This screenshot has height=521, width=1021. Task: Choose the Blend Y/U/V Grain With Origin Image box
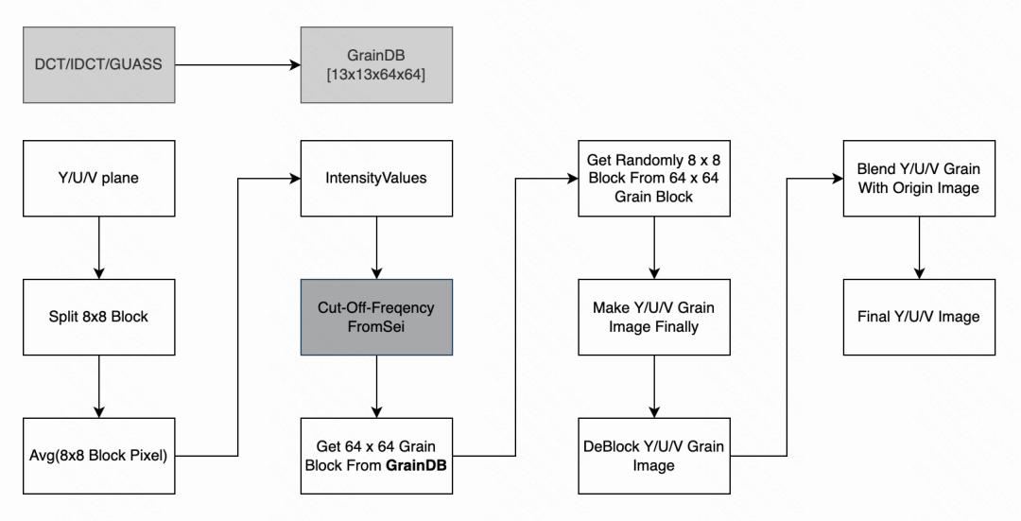pyautogui.click(x=918, y=177)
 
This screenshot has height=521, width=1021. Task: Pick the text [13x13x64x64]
pyautogui.click(x=364, y=74)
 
